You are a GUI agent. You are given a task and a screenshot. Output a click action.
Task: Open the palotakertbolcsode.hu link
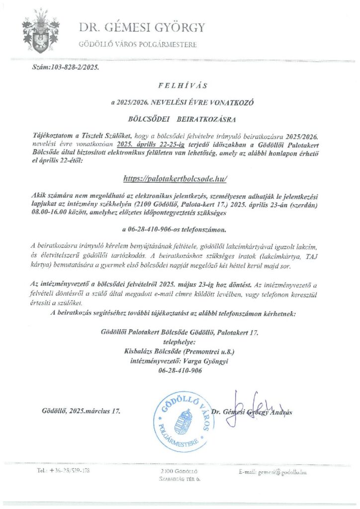click(x=178, y=178)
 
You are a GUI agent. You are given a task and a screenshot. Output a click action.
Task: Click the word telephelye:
click(x=180, y=342)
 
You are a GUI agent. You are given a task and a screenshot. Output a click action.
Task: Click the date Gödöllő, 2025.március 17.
click(x=82, y=411)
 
